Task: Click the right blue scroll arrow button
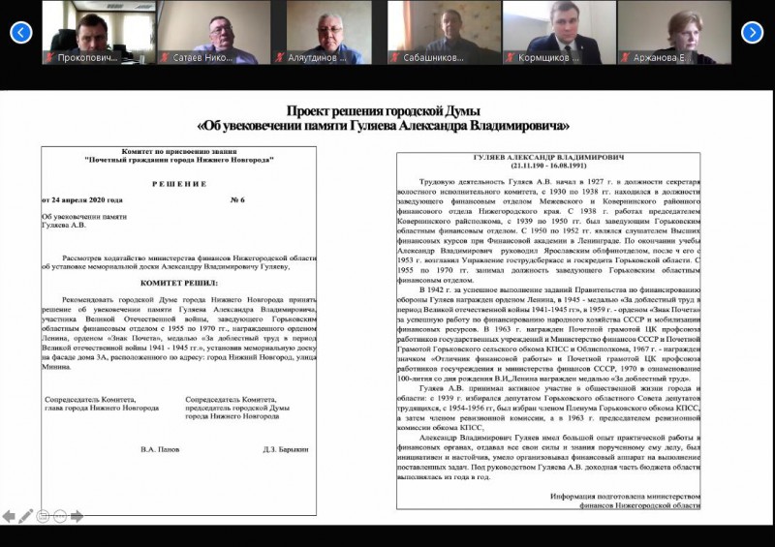tap(753, 33)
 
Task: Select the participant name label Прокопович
tap(86, 58)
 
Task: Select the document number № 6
tap(237, 199)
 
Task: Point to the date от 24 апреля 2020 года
tap(87, 199)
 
